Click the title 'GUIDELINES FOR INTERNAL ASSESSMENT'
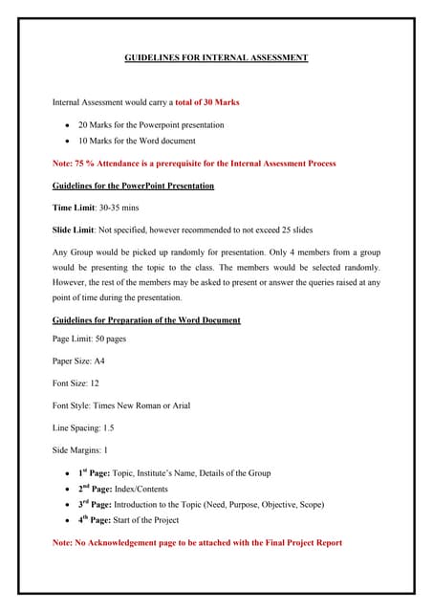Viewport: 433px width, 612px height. (216, 58)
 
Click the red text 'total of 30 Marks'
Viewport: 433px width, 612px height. (210, 102)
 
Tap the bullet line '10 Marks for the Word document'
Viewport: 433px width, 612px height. (137, 141)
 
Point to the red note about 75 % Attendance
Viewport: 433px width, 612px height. (194, 164)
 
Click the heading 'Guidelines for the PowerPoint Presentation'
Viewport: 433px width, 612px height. (133, 186)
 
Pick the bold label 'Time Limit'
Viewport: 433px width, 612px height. (73, 208)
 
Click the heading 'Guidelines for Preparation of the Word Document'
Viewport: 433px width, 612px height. (146, 319)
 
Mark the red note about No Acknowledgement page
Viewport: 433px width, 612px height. (196, 543)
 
